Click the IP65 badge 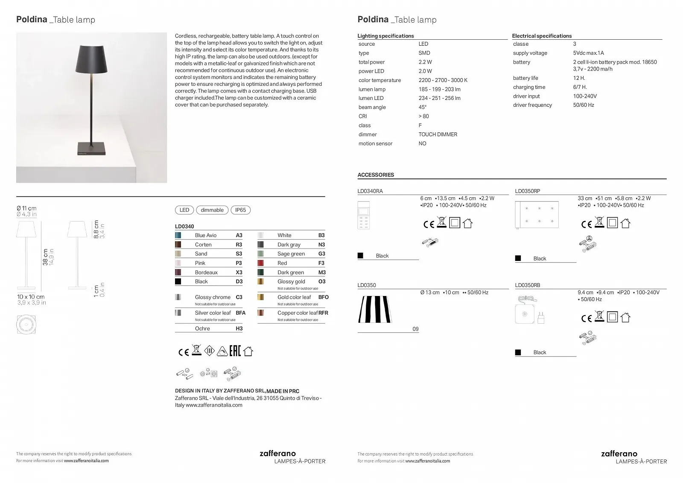[240, 210]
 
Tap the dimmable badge [212, 210]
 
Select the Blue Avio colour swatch [178, 235]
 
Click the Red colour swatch [260, 263]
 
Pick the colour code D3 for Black [239, 281]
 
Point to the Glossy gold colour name [291, 281]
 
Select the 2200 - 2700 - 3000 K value [443, 80]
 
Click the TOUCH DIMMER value [438, 135]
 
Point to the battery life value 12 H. [579, 78]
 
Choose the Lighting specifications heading [385, 36]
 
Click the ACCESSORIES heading [376, 175]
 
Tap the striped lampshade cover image [375, 309]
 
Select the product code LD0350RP [527, 191]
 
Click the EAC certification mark [235, 351]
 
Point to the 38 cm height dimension [45, 257]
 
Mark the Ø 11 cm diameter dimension [26, 208]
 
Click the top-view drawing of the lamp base [26, 325]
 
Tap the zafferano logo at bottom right [619, 454]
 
